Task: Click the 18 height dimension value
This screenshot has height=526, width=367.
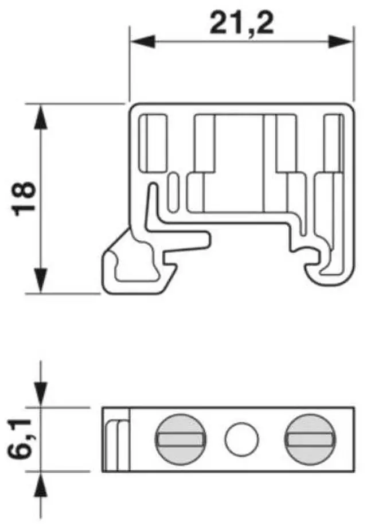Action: [x=25, y=198]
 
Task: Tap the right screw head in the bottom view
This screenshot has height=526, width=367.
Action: [x=311, y=439]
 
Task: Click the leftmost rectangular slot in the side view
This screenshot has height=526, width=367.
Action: [x=154, y=143]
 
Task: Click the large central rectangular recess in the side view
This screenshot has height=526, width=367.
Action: [x=240, y=163]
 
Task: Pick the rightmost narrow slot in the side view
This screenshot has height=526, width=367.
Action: [x=331, y=143]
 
